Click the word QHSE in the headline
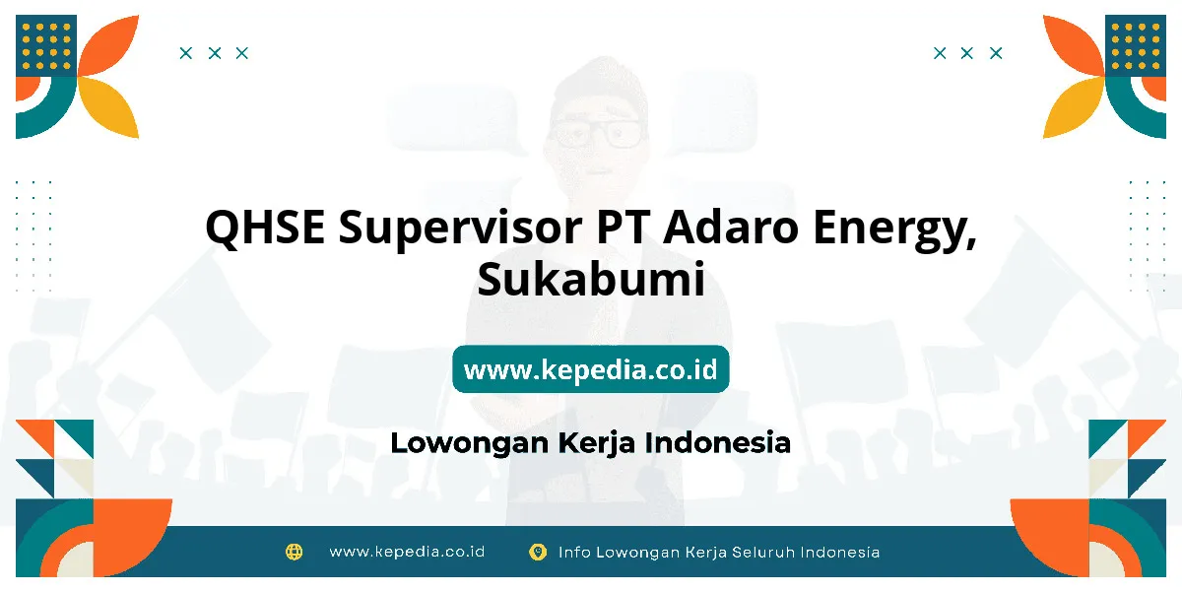[265, 228]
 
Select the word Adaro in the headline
[731, 227]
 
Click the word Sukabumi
[591, 279]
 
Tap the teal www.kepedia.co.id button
[591, 368]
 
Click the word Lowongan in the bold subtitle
[470, 443]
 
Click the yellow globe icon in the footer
[294, 552]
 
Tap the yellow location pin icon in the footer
[538, 552]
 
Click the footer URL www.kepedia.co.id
[407, 552]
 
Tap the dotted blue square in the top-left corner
[46, 45]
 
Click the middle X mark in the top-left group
[215, 53]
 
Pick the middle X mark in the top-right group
[966, 53]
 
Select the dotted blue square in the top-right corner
[1136, 45]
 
